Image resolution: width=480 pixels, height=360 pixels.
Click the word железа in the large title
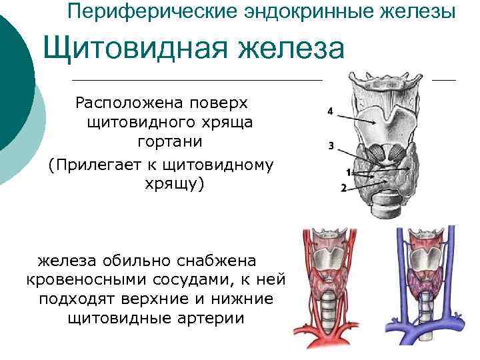point(289,50)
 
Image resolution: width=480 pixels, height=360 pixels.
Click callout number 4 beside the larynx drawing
point(331,112)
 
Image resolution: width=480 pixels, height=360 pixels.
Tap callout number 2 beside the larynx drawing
point(343,188)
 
